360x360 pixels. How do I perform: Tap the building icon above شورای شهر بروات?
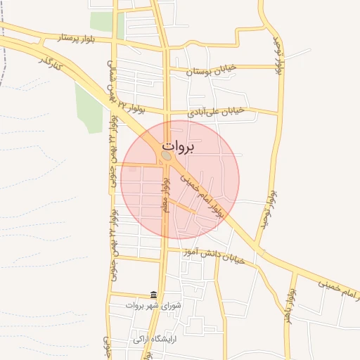pos(153,295)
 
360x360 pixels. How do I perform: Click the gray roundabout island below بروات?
pos(166,155)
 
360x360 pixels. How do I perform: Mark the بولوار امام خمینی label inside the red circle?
pos(201,194)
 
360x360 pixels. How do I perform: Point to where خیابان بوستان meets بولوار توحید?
pos(283,68)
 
